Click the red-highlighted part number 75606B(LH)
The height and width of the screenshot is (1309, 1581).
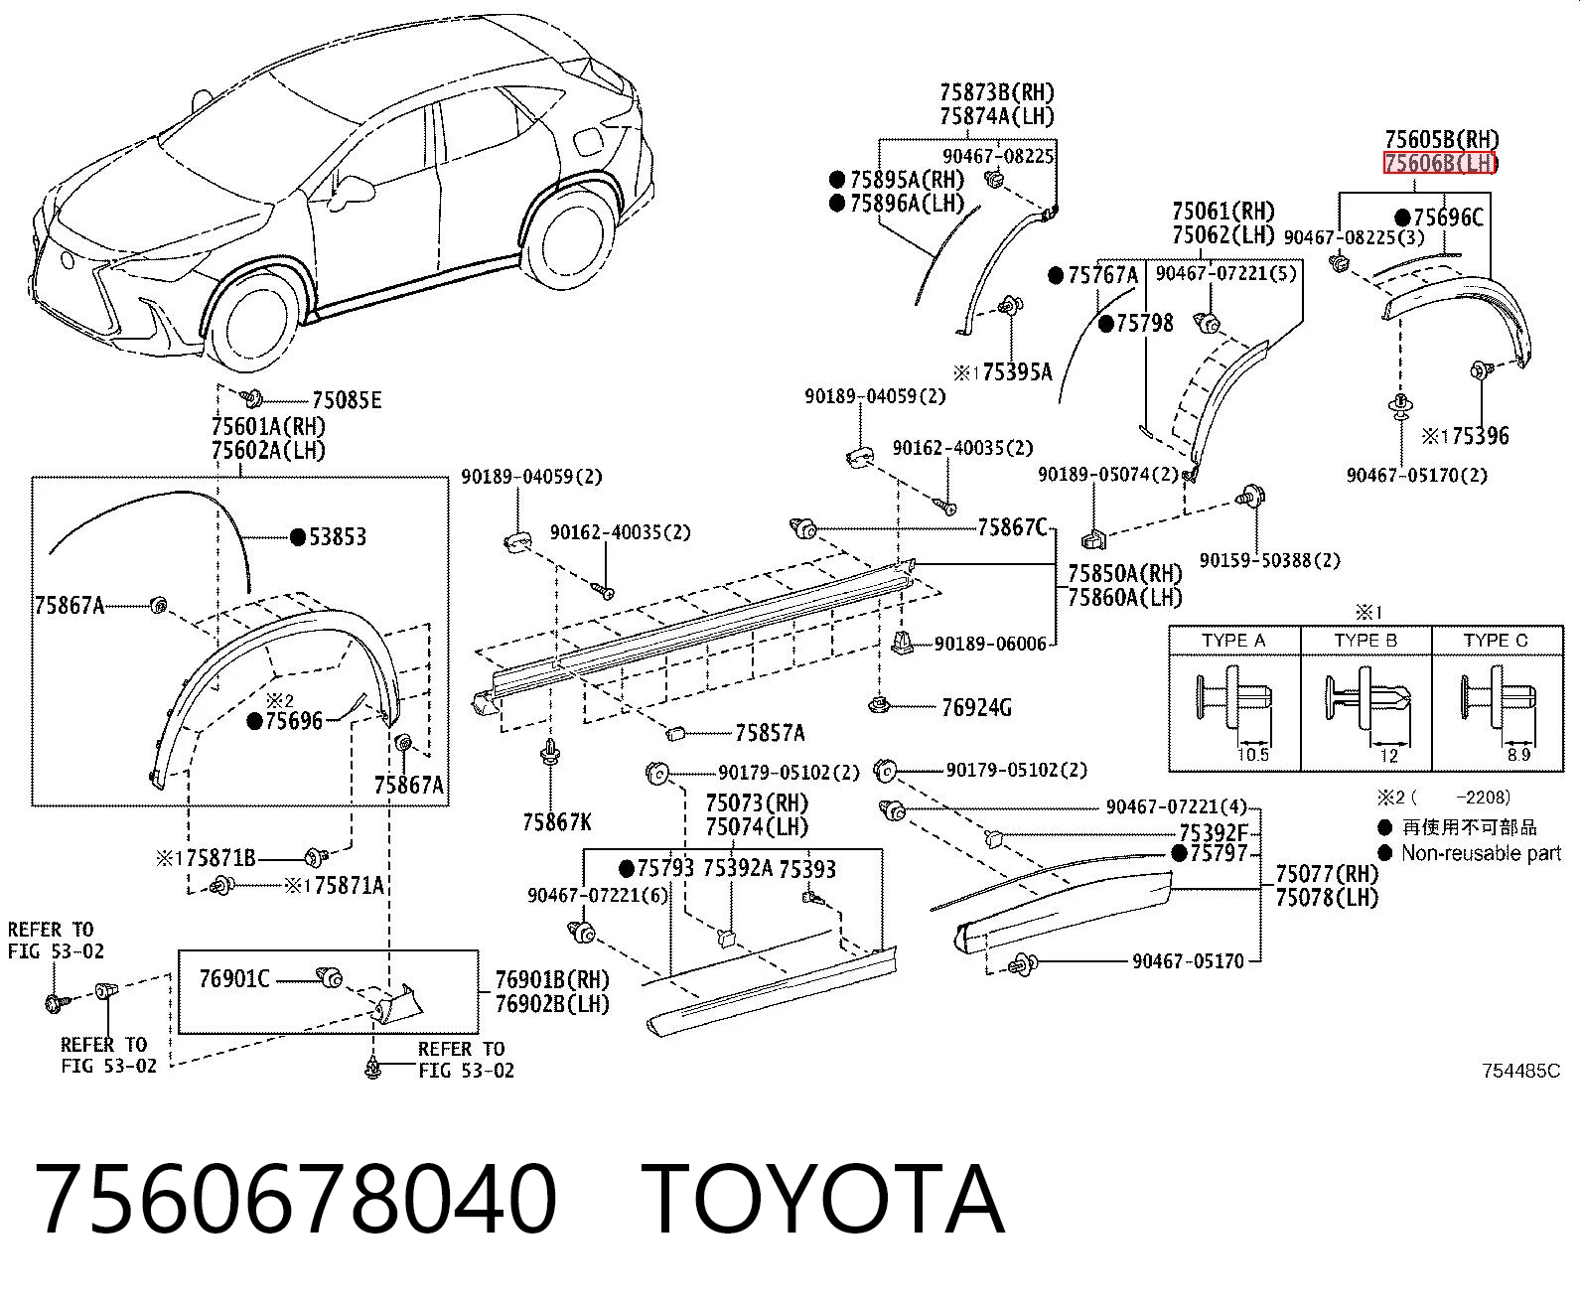coord(1439,163)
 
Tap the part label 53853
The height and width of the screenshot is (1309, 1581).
coord(338,537)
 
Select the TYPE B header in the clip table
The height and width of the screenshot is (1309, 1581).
coord(1365,641)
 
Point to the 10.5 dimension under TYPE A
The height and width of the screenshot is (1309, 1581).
coord(1252,755)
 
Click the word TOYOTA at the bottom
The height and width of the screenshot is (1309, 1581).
coord(822,1201)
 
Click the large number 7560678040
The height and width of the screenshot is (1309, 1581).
coord(296,1201)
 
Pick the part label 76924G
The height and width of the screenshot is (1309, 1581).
coord(976,708)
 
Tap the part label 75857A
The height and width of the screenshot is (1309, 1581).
coord(770,733)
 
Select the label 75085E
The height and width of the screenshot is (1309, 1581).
coord(347,400)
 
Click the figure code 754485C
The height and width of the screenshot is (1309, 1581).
coord(1520,1071)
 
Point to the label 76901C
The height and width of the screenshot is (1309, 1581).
coord(234,978)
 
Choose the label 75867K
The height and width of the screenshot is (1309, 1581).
coord(556,822)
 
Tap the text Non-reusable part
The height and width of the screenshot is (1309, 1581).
coord(1481,854)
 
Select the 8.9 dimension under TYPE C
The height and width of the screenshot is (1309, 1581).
coord(1518,755)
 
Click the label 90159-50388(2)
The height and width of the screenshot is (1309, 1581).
coord(1270,560)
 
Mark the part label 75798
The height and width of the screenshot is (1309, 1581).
coord(1145,324)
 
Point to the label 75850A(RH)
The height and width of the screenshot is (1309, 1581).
coord(1125,573)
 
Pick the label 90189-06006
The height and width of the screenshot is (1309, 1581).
coord(990,644)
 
